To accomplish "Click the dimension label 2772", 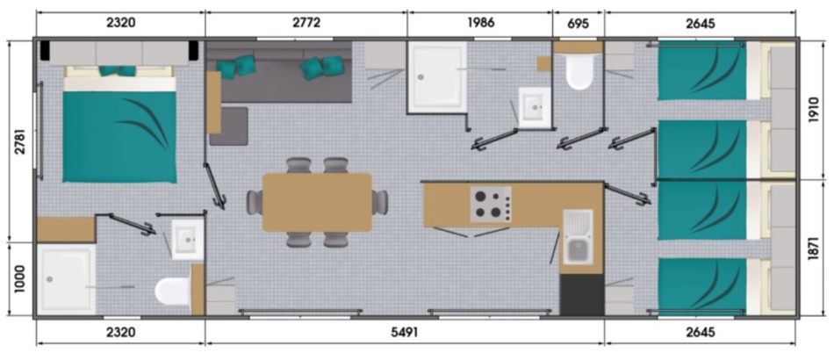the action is (x=306, y=23).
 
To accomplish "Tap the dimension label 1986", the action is (x=481, y=23).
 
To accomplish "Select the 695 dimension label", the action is (x=579, y=23).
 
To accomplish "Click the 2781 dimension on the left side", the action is (x=20, y=140).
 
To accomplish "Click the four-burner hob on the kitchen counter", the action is (x=491, y=205).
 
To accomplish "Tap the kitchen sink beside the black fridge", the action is (x=578, y=236).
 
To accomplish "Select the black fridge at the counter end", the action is (x=581, y=295).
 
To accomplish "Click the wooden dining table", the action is (x=317, y=202).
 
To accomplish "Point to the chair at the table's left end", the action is (x=255, y=202).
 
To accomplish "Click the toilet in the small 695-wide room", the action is (x=579, y=72).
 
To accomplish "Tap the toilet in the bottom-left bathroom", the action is (x=172, y=291).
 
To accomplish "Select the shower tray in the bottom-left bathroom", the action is (x=67, y=279).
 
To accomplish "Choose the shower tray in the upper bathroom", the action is (x=437, y=77).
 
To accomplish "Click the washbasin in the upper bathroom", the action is (x=535, y=107).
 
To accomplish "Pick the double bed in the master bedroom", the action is (x=119, y=124).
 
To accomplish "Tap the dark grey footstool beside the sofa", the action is (x=229, y=126).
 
